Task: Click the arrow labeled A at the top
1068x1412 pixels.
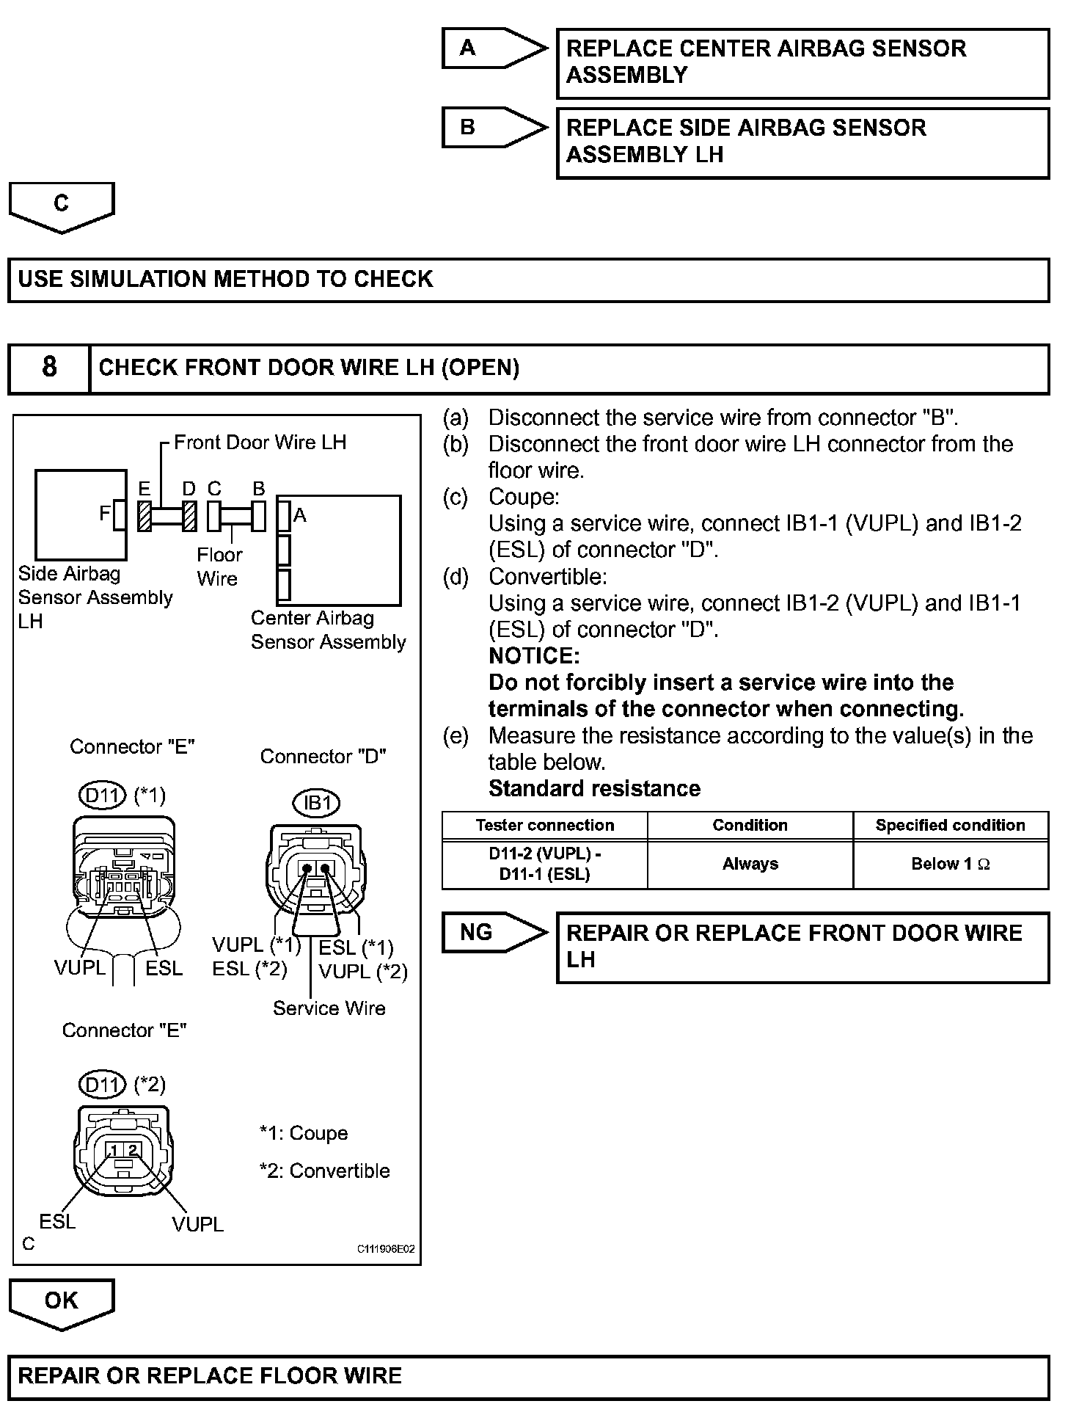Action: (493, 49)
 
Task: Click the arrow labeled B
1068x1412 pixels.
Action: (493, 128)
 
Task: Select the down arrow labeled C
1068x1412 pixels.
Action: (62, 206)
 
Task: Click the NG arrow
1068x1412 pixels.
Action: (493, 933)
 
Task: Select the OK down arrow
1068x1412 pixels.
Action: (62, 1302)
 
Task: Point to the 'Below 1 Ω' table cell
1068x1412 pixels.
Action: (950, 864)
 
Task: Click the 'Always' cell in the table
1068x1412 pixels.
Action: (750, 864)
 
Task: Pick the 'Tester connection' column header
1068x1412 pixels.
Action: (544, 825)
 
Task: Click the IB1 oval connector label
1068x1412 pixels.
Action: (317, 803)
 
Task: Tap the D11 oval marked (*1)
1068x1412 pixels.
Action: (103, 796)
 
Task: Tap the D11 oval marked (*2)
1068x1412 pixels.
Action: (103, 1085)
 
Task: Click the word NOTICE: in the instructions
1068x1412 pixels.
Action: (534, 655)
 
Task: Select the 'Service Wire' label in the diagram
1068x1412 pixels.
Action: (329, 1008)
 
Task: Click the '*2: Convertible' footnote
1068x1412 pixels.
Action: (324, 1171)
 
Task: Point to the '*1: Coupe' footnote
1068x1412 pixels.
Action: (304, 1133)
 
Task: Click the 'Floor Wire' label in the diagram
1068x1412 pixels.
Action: (219, 567)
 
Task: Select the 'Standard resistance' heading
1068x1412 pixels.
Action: (594, 788)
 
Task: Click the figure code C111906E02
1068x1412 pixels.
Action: (386, 1248)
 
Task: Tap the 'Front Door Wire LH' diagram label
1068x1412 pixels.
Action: (260, 442)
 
